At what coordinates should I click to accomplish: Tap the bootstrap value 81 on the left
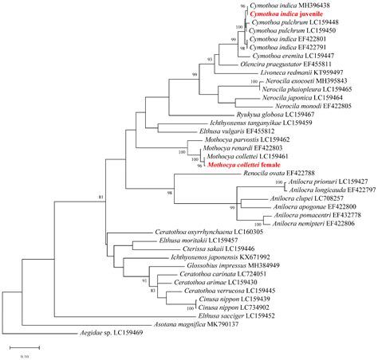point(57,196)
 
